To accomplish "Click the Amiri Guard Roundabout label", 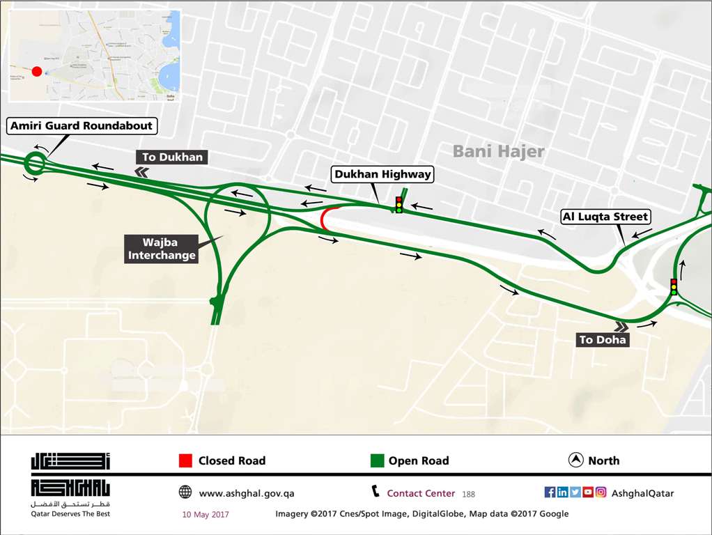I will tap(81, 126).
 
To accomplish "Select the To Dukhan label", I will tap(172, 157).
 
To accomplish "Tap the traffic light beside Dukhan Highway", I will tap(398, 204).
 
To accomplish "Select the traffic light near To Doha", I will tap(673, 286).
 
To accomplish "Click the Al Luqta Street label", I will tap(605, 217).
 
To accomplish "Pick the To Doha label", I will tap(603, 340).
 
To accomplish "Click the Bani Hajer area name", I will tap(498, 150).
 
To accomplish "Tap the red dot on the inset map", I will tap(37, 71).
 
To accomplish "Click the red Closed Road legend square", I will tap(185, 460).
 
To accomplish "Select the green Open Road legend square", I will tap(377, 460).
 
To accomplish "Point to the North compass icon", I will tap(576, 460).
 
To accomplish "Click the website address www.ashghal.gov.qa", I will tap(247, 493).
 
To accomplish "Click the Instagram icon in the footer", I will tap(601, 493).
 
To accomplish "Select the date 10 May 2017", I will tap(205, 514).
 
